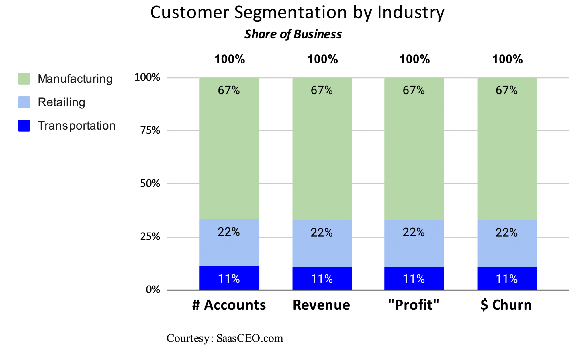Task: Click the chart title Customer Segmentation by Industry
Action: [x=297, y=13]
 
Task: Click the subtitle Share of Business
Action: [x=293, y=34]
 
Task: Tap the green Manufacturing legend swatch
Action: [x=24, y=79]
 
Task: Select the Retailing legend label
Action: [x=61, y=102]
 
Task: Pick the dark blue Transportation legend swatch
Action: [x=24, y=126]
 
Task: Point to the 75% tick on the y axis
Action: [x=150, y=131]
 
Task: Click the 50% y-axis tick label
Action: [x=150, y=184]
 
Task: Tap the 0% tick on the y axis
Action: [x=153, y=290]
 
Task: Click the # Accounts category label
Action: [x=229, y=305]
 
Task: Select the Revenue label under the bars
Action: [x=321, y=305]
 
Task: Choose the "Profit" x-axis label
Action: [x=414, y=305]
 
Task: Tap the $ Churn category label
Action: [x=506, y=305]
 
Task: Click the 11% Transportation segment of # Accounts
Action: [x=229, y=278]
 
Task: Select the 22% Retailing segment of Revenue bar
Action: [x=322, y=244]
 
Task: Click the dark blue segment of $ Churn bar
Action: [x=507, y=278]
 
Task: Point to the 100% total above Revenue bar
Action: [x=322, y=59]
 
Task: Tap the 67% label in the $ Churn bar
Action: [x=506, y=91]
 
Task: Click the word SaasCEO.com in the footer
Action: [x=250, y=338]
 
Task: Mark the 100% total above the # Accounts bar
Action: [x=230, y=59]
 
